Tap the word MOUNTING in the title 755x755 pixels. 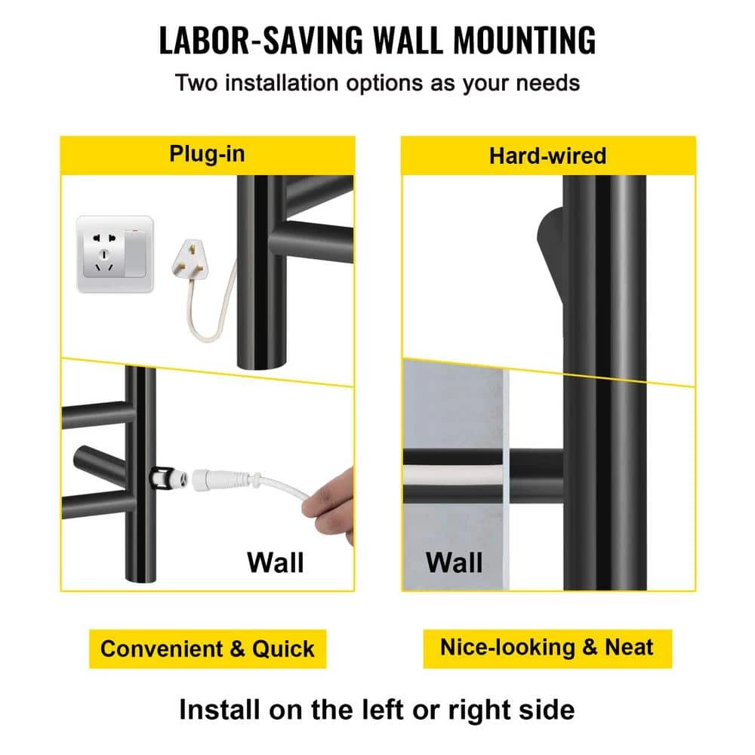pyautogui.click(x=525, y=41)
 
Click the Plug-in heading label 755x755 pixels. pyautogui.click(x=207, y=154)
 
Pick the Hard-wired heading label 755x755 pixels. pyautogui.click(x=548, y=156)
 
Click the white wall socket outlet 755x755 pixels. pyautogui.click(x=115, y=254)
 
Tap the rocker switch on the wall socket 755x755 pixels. pyautogui.click(x=135, y=254)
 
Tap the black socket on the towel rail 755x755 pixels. pyautogui.click(x=162, y=479)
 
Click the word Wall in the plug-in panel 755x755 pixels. pyautogui.click(x=276, y=562)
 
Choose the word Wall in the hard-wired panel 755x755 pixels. pyautogui.click(x=454, y=562)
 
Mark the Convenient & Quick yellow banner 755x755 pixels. pyautogui.click(x=208, y=649)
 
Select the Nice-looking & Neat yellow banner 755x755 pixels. pyautogui.click(x=547, y=648)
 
